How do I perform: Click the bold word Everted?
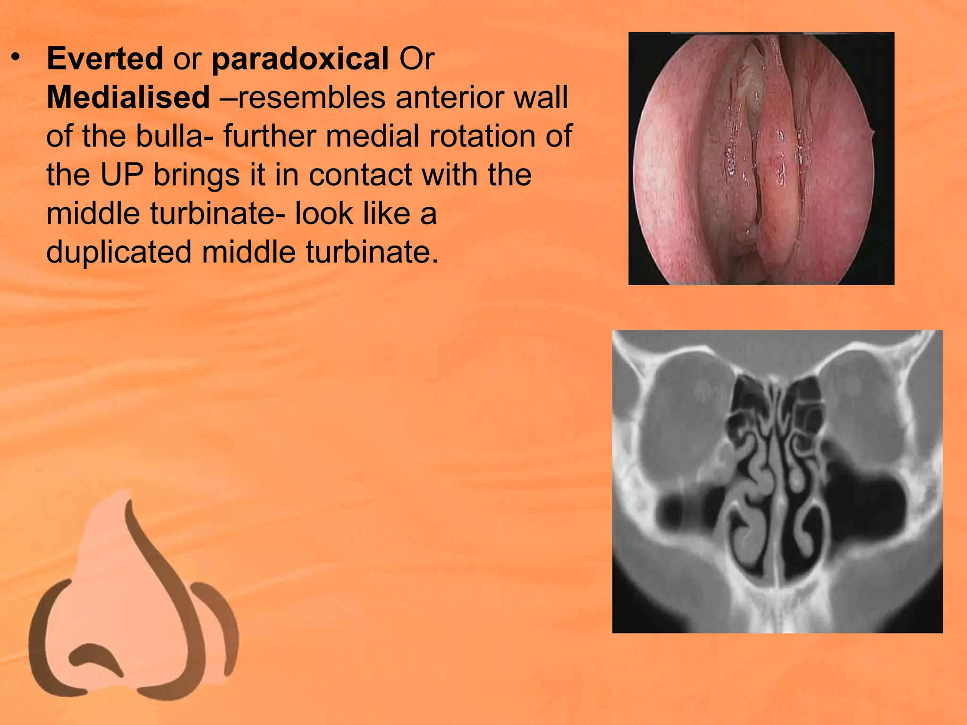click(105, 59)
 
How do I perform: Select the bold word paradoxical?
click(300, 60)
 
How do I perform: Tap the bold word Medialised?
click(128, 98)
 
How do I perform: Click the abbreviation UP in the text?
click(122, 175)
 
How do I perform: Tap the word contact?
click(360, 175)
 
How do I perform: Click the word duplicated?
click(119, 252)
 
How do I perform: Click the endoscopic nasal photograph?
click(761, 159)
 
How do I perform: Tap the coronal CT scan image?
click(777, 481)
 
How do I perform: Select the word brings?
click(197, 175)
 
